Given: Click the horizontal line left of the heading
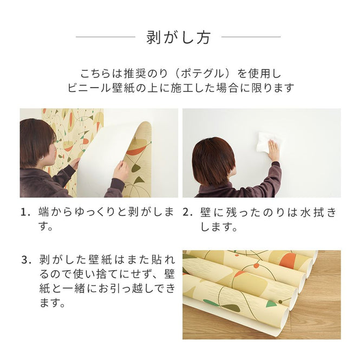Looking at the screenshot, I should click(x=105, y=37).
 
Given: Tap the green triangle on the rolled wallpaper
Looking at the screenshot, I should click(x=271, y=303).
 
